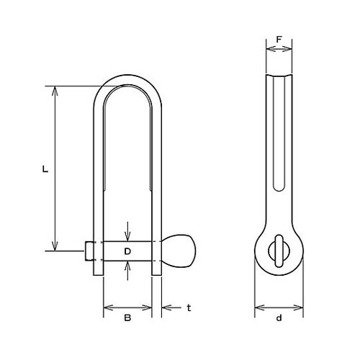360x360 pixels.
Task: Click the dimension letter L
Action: point(45,169)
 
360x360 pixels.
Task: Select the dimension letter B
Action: point(127,318)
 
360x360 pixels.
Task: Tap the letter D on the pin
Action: point(127,251)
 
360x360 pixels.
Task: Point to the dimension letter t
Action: point(189,308)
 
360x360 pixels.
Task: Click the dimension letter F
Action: point(279,40)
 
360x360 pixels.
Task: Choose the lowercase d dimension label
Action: point(279,318)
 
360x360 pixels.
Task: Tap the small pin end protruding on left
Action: point(89,251)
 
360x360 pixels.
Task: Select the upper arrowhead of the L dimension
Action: point(55,91)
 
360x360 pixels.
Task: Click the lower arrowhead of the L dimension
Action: point(55,246)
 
